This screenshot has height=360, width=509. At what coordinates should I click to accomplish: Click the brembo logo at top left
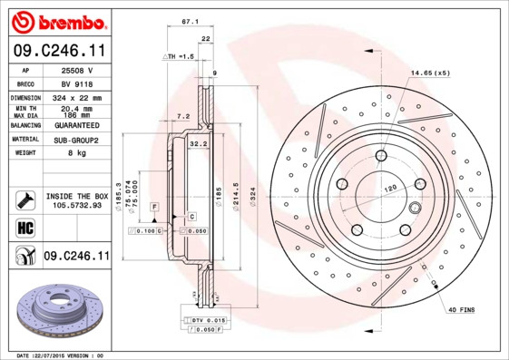(x=56, y=21)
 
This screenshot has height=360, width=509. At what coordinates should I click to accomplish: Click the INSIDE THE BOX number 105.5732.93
(x=76, y=205)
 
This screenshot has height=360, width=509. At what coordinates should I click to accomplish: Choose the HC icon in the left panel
(x=24, y=227)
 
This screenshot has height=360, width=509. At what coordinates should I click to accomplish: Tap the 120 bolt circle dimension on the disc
(x=391, y=187)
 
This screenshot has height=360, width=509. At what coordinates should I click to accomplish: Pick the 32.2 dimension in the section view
(x=199, y=143)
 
